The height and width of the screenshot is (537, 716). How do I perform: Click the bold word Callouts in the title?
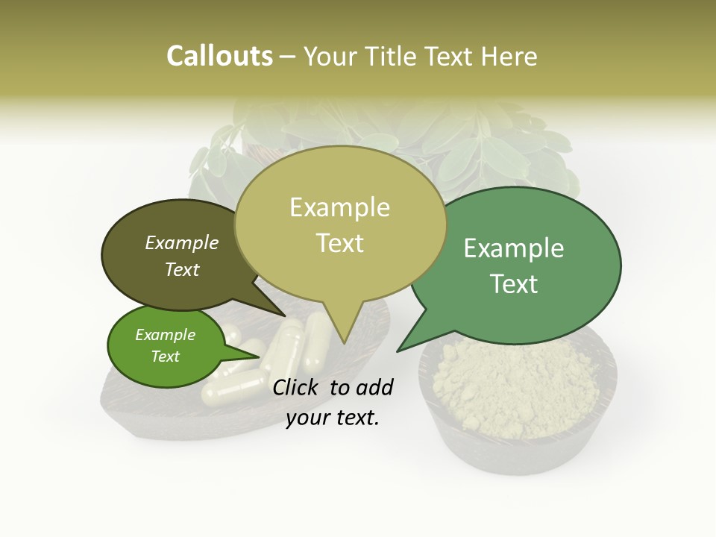(x=219, y=56)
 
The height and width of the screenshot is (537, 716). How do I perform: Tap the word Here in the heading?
(x=509, y=57)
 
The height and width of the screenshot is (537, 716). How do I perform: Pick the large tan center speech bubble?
(x=340, y=224)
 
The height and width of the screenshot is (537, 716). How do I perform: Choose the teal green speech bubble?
(x=522, y=265)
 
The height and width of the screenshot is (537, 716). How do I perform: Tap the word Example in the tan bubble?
(x=340, y=207)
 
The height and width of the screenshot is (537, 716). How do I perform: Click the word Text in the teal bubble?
(x=514, y=284)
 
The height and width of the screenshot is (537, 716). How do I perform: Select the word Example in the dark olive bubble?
(x=182, y=243)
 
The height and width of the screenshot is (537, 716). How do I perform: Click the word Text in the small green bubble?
(x=166, y=357)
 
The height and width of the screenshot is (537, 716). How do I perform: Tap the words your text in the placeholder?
(x=333, y=418)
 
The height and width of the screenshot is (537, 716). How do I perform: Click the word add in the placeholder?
(x=374, y=387)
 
